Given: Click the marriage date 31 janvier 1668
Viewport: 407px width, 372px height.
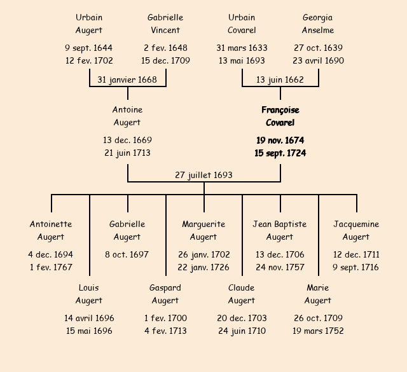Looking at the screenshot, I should tap(127, 79).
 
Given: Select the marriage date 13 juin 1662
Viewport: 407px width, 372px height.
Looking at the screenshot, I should tap(280, 79).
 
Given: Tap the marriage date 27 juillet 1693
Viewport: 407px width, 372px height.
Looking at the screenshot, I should tap(203, 175).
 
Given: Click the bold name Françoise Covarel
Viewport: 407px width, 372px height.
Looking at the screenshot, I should tap(280, 116).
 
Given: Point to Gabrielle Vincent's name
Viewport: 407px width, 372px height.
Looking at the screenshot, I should tap(165, 24).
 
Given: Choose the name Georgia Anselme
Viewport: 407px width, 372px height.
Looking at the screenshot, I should tap(318, 24).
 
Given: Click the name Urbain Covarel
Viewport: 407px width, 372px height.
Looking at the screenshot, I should tap(242, 24).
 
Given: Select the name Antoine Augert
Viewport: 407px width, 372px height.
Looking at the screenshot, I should tap(127, 116).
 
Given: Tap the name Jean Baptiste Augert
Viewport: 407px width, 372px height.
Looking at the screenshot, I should tap(280, 230).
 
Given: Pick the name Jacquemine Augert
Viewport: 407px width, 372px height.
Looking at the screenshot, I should tap(356, 230).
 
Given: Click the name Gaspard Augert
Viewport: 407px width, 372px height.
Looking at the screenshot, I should tap(165, 294).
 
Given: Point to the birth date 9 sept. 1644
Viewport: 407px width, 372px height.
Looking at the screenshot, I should tap(89, 48).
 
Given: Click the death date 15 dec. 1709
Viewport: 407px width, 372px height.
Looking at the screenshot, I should tap(165, 61).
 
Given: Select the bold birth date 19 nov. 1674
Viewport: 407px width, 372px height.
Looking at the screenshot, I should tap(280, 140).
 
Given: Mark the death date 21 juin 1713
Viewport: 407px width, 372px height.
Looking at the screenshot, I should tap(127, 153).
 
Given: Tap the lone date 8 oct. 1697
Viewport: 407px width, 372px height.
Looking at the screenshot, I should tap(127, 254).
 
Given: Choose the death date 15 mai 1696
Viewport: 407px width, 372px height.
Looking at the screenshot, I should tap(89, 331).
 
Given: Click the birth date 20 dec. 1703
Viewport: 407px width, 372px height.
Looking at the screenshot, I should tap(242, 318).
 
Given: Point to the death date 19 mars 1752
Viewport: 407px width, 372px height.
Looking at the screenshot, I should tap(318, 331).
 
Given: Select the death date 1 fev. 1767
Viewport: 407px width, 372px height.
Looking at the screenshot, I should tap(51, 267).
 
